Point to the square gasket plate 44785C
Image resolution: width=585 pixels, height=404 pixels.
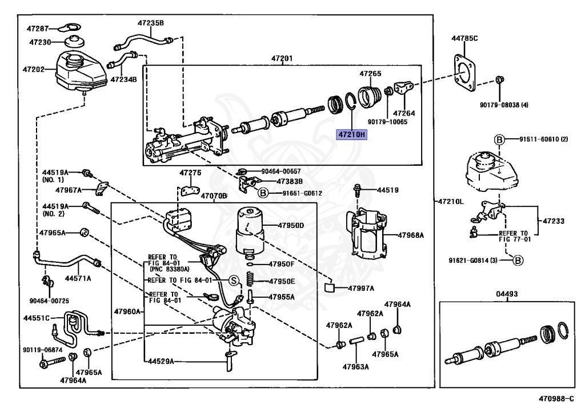coord(464,74)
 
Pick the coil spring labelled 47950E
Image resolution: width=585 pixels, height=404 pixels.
coord(250,280)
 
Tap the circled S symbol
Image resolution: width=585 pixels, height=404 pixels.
coord(233,280)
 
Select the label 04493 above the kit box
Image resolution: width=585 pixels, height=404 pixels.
coord(507,293)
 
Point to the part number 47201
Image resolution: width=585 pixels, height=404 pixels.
coord(282,58)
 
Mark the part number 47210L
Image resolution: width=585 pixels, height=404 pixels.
coord(452,202)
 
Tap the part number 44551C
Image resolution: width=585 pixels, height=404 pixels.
coord(37,318)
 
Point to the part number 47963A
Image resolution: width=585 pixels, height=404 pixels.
coord(356,366)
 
